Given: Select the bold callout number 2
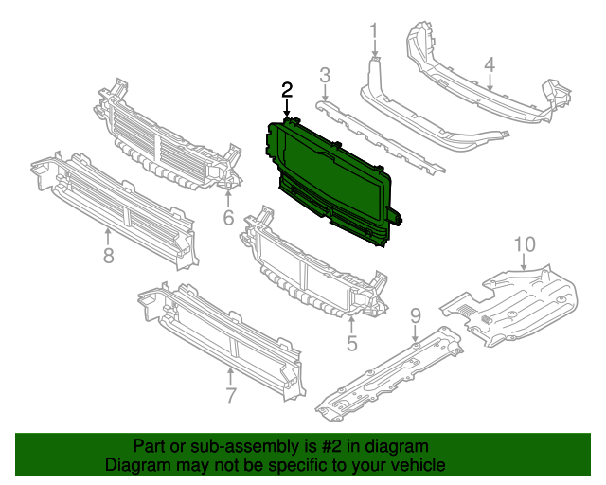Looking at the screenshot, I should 287,91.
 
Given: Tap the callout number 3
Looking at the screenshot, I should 324,75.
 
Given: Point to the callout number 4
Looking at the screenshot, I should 490,65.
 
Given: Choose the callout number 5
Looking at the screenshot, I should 351,344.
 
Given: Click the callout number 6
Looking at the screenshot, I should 228,219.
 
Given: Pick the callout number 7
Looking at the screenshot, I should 230,394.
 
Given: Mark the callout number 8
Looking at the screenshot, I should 108,256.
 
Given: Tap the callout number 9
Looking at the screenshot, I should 415,314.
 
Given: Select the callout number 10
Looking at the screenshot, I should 524,245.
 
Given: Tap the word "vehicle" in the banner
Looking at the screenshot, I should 416,465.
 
